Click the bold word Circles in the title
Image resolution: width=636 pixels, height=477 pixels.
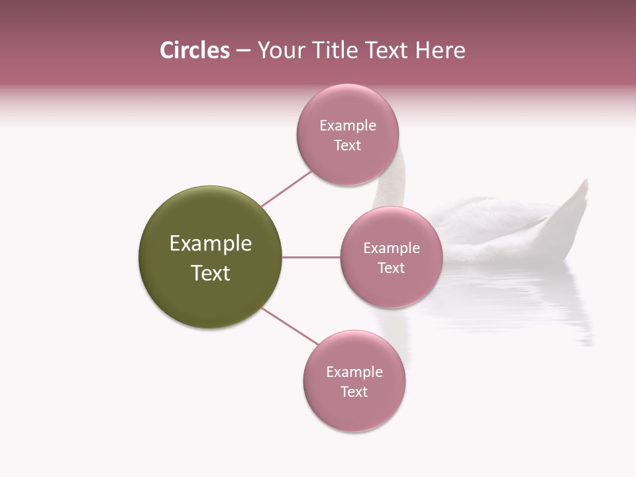[194, 50]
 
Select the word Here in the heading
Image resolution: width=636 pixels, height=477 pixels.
[440, 50]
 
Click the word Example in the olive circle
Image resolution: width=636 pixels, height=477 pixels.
[211, 244]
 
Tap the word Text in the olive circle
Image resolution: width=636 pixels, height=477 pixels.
[211, 273]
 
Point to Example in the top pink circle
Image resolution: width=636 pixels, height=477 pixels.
[348, 125]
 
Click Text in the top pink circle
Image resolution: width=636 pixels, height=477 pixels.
[347, 145]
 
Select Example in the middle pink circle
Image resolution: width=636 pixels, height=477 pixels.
[392, 248]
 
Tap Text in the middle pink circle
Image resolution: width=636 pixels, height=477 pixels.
[392, 268]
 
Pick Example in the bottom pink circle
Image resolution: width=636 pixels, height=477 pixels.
[354, 372]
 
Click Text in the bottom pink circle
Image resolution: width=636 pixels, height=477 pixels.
[354, 392]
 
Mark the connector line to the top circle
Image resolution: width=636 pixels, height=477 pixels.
[286, 189]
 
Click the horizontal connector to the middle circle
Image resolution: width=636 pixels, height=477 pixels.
[311, 257]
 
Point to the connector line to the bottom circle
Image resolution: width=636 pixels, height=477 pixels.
[290, 326]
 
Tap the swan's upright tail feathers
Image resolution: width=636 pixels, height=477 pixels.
[575, 205]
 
